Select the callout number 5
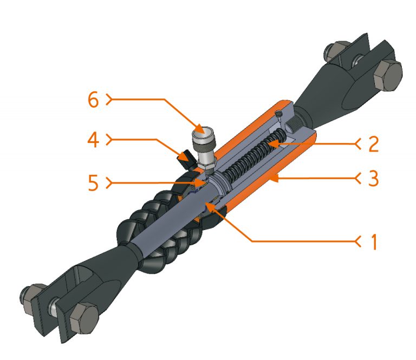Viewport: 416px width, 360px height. pos(93,182)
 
